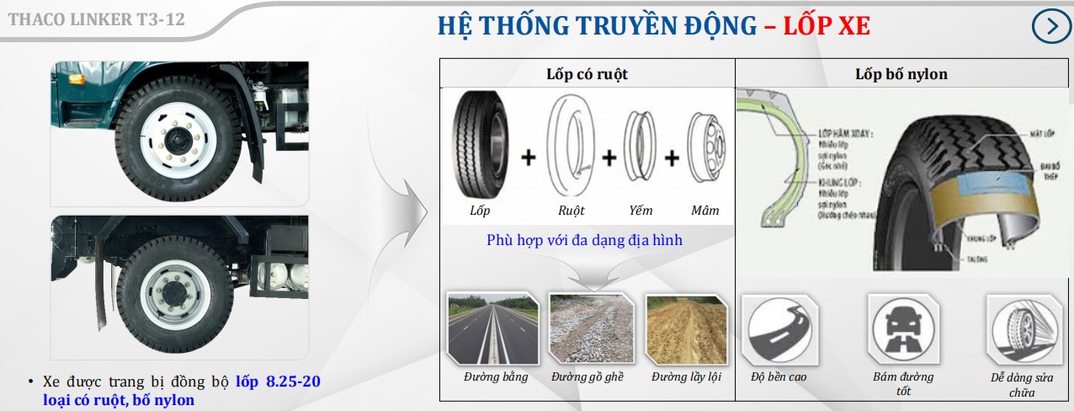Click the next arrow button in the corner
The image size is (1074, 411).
tap(1051, 26)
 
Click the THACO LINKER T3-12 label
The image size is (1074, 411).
tap(97, 19)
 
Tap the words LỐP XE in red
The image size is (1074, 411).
tap(826, 26)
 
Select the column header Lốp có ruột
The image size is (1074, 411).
tap(588, 74)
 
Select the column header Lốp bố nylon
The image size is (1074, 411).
tap(901, 74)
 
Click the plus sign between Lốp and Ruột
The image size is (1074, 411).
tap(528, 157)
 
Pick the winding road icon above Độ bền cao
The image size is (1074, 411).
tap(778, 329)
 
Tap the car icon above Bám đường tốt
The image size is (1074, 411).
tap(903, 329)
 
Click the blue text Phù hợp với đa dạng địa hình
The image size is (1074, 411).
tap(584, 240)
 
